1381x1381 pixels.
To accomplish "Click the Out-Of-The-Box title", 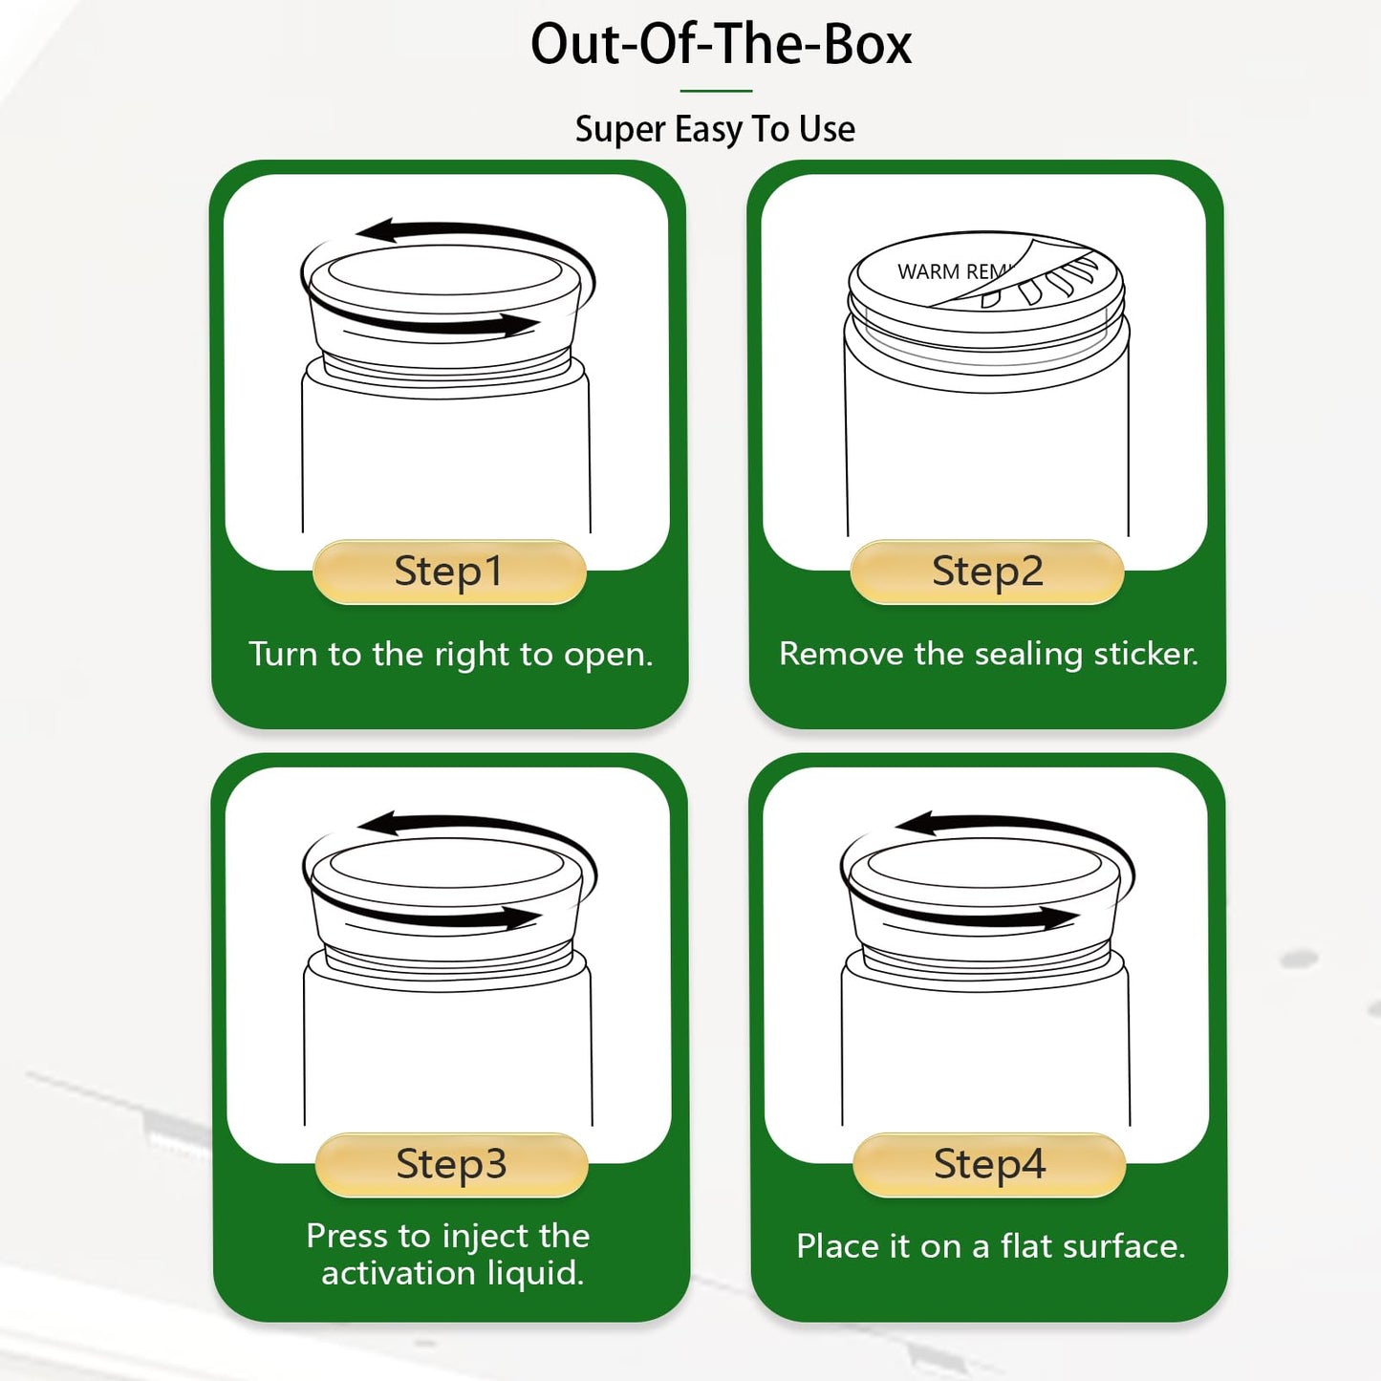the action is coord(721,44).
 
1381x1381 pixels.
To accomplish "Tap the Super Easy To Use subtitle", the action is coord(715,130).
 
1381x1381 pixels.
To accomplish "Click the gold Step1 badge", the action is coord(449,572).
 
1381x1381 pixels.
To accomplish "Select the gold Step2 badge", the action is coord(987,572).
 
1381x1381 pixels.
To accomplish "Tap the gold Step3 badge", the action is coord(451,1165).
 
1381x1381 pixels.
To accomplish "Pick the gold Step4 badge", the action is coord(989,1165).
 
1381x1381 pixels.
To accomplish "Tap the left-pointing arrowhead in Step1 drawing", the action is coord(377,230).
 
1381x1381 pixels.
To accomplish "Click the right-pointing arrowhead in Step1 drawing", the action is coord(520,325).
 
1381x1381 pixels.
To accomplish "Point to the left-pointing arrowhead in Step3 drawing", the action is coord(378,824).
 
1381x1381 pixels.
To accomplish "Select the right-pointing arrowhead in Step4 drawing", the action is coord(1059,917).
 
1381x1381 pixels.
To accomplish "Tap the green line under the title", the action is coord(716,91).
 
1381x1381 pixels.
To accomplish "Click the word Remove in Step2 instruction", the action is coord(841,654).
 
